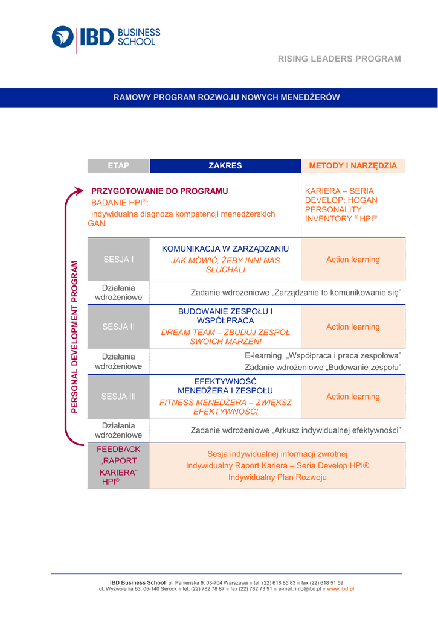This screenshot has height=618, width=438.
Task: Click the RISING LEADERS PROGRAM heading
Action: click(339, 59)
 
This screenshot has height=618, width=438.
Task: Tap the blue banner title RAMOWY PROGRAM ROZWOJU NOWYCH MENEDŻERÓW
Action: click(227, 97)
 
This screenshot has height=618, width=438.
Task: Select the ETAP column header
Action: click(118, 165)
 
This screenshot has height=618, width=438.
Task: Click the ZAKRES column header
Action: click(225, 165)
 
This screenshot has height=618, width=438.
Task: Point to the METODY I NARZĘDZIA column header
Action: click(353, 165)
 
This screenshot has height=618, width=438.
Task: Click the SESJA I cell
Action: click(118, 260)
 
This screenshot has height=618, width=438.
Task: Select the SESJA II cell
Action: click(118, 327)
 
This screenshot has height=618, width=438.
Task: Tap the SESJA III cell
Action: click(118, 397)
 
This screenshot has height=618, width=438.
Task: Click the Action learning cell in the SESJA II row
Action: click(353, 327)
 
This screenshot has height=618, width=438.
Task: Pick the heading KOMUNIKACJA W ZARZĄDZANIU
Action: click(225, 249)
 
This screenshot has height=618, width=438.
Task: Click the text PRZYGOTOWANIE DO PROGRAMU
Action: click(160, 191)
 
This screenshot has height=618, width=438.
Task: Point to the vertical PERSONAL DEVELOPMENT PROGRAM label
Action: click(75, 336)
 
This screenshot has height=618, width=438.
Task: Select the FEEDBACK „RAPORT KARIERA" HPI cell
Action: click(118, 465)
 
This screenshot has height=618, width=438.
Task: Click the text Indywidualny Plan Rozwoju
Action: click(278, 477)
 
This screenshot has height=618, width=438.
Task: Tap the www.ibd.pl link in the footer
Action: click(340, 588)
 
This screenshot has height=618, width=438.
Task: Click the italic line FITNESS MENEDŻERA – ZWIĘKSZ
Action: click(225, 402)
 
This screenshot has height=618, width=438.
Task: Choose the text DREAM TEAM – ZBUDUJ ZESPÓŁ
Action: click(225, 332)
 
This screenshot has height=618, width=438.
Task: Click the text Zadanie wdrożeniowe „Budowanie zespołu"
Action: click(323, 366)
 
